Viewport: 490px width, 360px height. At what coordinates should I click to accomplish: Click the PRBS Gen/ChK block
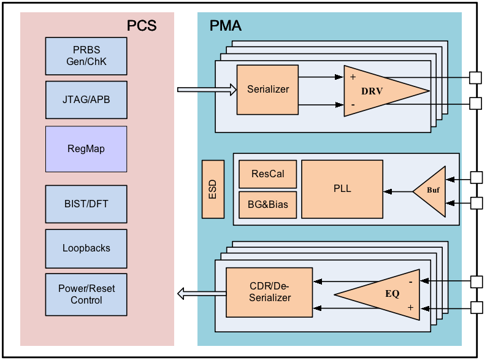(x=86, y=56)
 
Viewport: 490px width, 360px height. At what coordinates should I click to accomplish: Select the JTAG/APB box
(x=86, y=99)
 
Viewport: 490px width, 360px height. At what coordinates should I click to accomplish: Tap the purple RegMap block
(x=86, y=149)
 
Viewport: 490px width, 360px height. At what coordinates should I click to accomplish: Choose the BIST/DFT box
(x=86, y=204)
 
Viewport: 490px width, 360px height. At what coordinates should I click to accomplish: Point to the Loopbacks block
(x=86, y=248)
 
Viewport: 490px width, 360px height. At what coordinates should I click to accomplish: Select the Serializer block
(x=267, y=90)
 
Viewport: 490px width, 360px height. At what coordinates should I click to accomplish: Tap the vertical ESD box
(x=213, y=189)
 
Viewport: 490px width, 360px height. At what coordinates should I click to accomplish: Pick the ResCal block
(x=267, y=174)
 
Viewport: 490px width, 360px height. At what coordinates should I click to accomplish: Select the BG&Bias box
(x=267, y=204)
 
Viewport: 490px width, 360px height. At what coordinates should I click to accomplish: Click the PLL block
(x=342, y=189)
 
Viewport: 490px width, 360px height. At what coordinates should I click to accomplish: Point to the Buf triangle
(x=432, y=191)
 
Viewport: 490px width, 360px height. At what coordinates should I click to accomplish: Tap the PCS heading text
(x=142, y=26)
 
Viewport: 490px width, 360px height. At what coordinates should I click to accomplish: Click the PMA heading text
(x=226, y=26)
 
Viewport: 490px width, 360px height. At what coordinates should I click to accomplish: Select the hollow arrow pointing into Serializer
(x=206, y=90)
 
